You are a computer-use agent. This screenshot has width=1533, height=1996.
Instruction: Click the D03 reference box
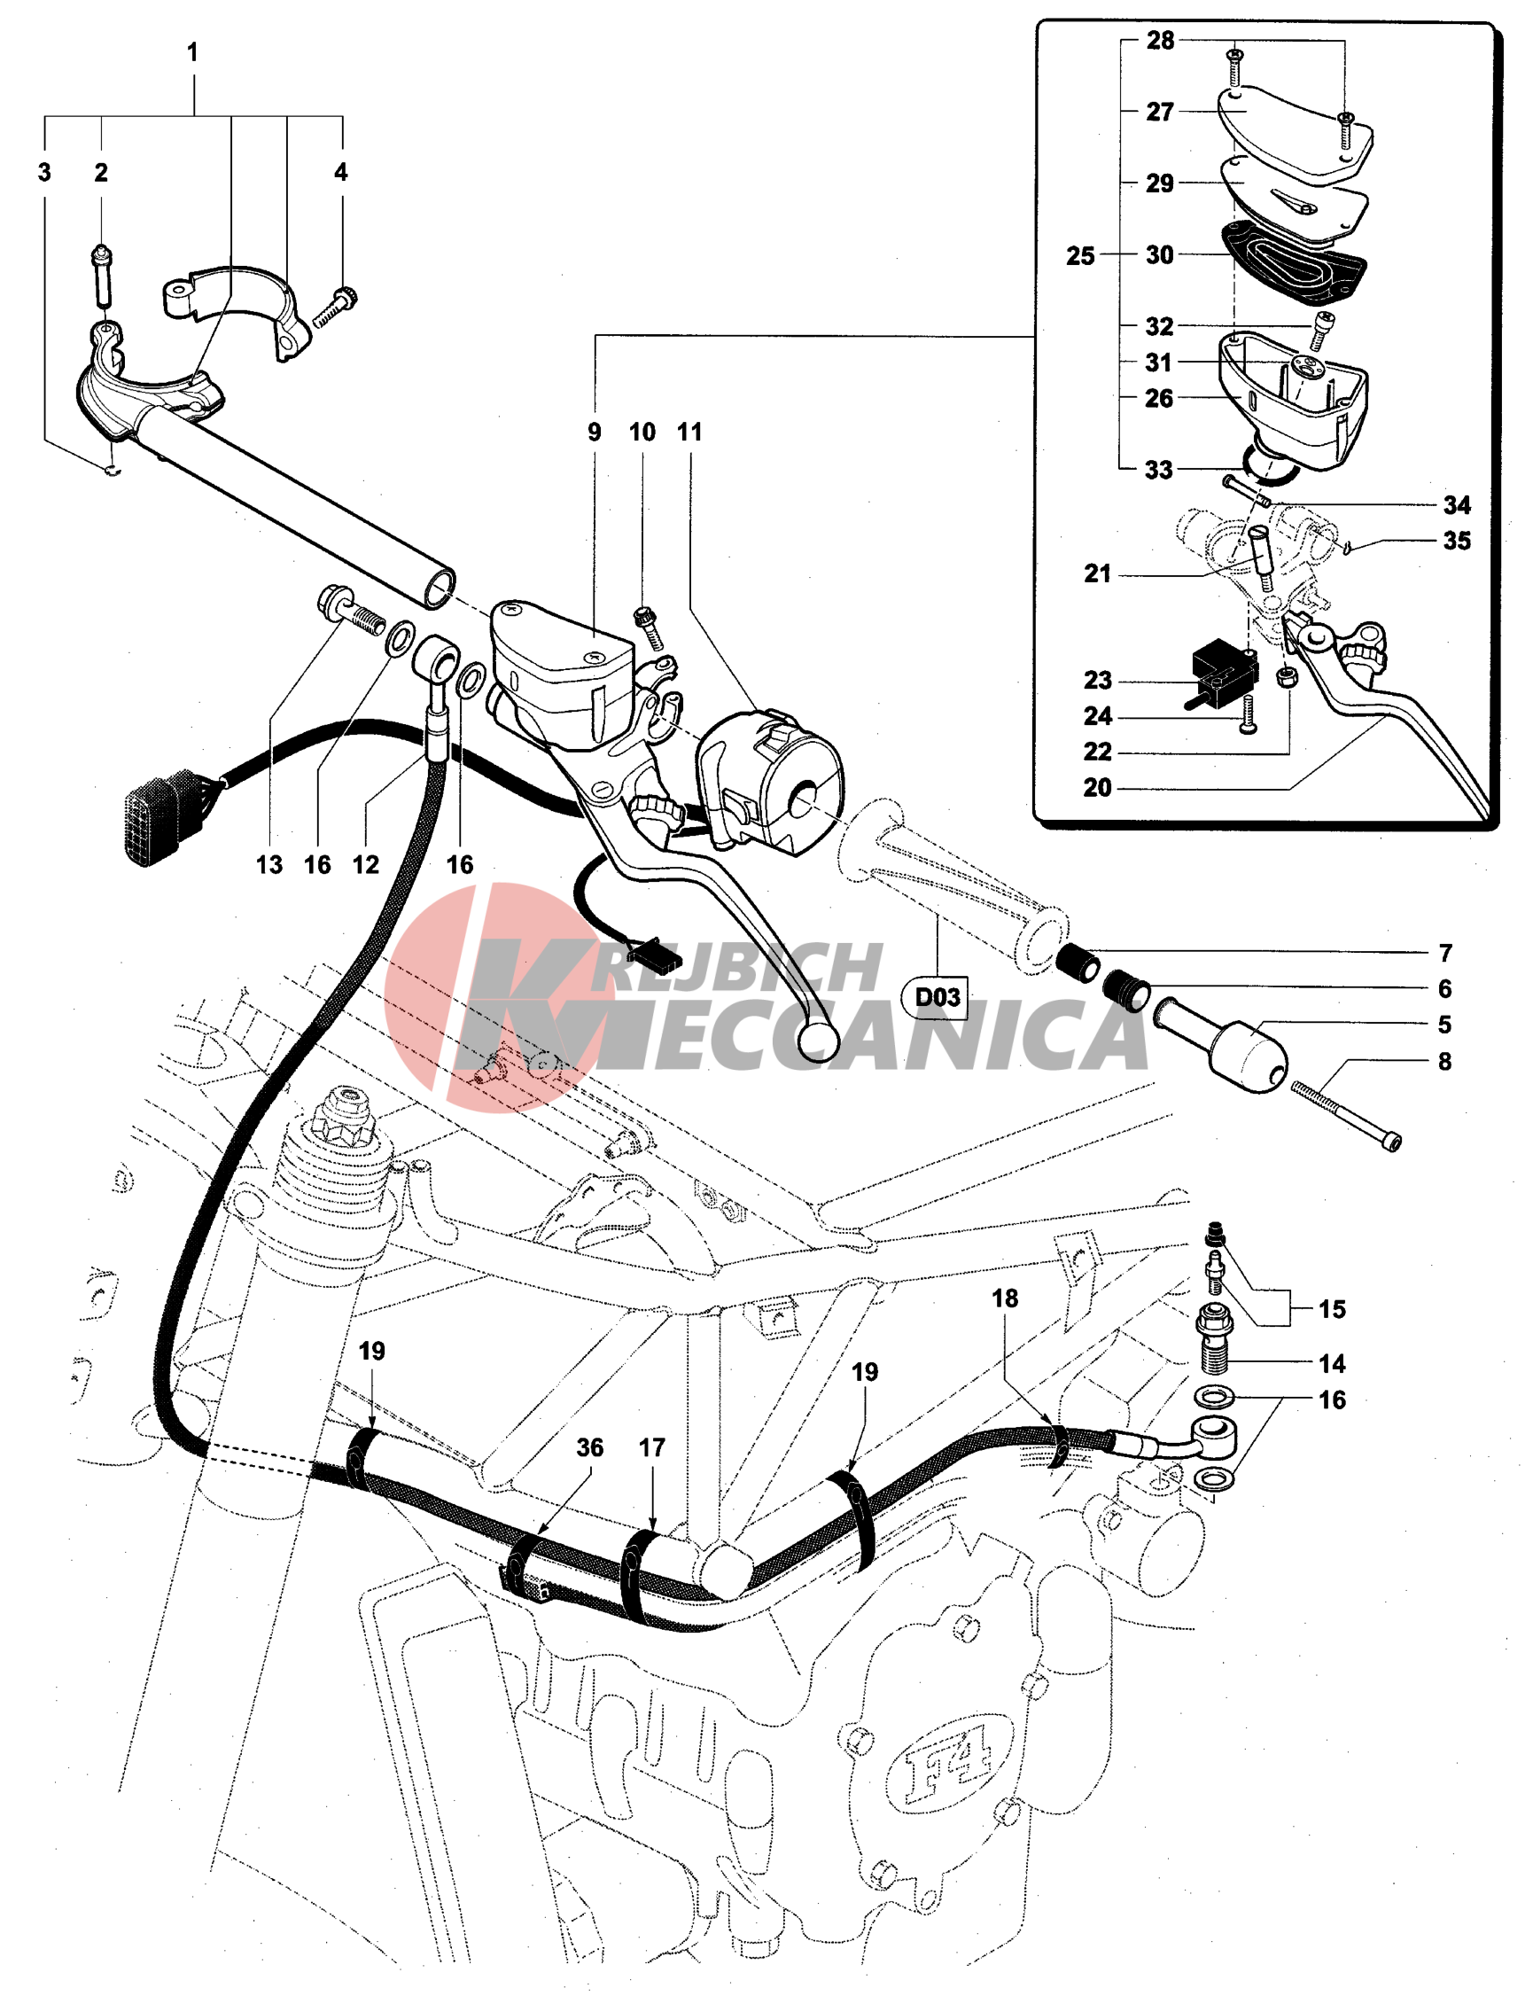938,996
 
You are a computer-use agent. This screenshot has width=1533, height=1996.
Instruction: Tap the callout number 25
1080,255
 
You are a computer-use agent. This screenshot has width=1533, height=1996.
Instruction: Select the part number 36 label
589,1447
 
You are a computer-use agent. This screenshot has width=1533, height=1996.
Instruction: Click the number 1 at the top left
192,53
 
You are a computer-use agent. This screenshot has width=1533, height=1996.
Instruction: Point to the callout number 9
594,432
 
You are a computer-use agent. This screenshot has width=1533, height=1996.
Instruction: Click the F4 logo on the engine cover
948,1766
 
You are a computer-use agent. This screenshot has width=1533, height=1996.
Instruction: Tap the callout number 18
1005,1298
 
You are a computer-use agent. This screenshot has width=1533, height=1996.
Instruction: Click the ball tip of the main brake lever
818,1040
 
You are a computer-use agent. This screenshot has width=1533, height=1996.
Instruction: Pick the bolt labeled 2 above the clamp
101,276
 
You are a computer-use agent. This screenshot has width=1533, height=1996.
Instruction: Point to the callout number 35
1457,541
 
